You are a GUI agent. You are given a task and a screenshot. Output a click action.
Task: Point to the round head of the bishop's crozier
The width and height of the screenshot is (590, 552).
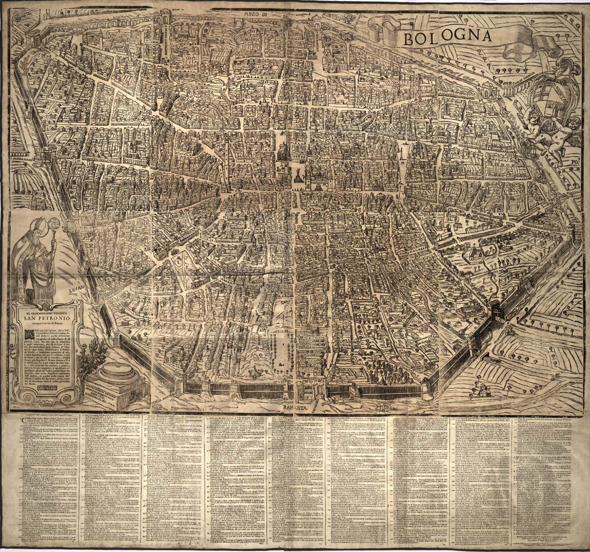click(x=53, y=223)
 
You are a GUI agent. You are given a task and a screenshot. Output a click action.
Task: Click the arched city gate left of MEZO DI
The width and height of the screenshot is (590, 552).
click(x=170, y=24)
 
